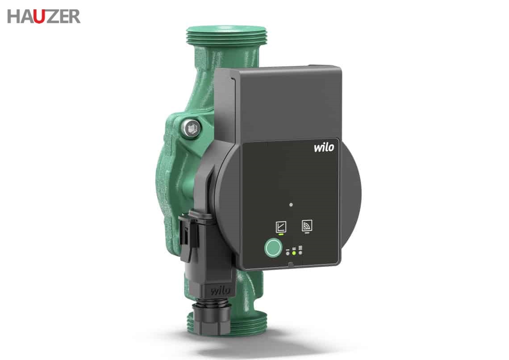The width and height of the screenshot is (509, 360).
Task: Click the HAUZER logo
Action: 44,17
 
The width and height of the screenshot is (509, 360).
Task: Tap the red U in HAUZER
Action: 39,17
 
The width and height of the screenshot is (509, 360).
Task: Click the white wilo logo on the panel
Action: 324,147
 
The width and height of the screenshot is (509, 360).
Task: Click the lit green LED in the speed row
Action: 294,253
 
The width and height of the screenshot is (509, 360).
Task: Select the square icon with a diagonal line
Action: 281,226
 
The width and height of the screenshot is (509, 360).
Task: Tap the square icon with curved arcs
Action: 307,225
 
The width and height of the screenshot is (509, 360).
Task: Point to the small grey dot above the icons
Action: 291,205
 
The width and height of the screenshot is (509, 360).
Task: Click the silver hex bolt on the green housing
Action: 192,128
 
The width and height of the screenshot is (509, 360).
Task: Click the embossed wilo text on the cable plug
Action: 221,290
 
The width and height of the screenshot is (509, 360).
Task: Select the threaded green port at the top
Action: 226,36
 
